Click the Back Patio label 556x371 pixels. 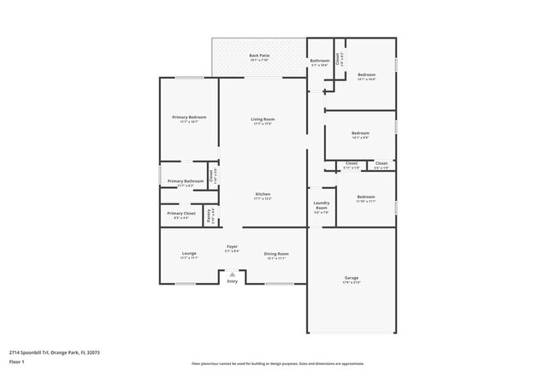259,56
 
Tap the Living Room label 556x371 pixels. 263,119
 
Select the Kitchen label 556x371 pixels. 263,194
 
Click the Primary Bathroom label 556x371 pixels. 186,181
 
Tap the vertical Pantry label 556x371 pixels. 211,216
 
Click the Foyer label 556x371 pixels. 232,246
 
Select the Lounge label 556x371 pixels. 189,254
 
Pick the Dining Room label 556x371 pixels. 276,254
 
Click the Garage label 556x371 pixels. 352,278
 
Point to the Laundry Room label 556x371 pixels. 322,205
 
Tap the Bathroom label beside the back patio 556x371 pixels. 320,61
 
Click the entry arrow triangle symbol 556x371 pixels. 232,274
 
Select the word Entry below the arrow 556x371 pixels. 232,282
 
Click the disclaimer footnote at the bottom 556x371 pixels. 277,363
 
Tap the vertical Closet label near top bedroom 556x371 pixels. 339,58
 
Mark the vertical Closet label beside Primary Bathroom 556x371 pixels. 211,177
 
